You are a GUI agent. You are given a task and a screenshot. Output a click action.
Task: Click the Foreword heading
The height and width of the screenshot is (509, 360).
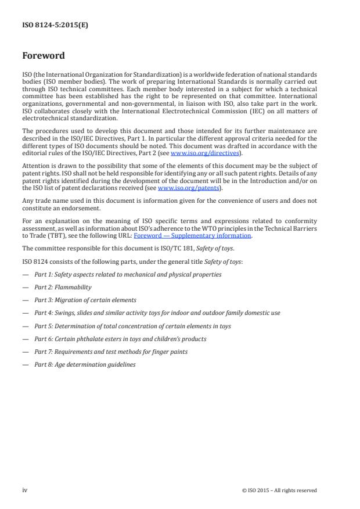[44, 56]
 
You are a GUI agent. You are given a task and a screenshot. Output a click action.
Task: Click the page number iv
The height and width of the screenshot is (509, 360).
[25, 490]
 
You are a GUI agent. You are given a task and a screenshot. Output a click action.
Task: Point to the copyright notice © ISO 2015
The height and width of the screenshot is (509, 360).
[279, 490]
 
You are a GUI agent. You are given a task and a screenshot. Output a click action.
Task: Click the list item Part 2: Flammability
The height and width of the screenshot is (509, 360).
[63, 287]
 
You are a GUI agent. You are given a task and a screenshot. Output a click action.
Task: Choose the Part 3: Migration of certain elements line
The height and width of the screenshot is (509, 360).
[85, 300]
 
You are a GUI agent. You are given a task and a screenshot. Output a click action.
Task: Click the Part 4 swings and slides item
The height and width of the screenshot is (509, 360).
[157, 313]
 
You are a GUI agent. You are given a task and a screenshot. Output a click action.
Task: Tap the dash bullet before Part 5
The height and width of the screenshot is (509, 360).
[25, 326]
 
